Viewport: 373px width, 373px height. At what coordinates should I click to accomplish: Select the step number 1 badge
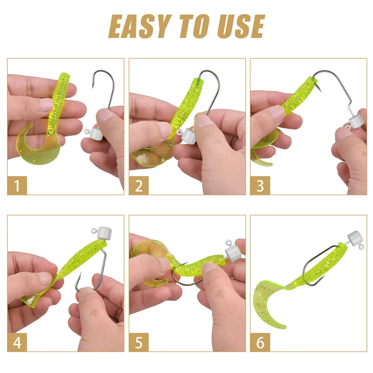(x=17, y=185)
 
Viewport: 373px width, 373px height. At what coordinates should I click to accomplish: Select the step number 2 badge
(x=139, y=185)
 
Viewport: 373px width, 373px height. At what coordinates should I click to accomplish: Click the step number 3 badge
(x=260, y=185)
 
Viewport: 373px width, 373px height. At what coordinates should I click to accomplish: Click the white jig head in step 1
(x=96, y=133)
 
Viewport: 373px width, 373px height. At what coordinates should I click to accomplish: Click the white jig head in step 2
(x=187, y=135)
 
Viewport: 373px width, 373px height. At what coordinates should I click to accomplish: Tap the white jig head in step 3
(x=355, y=122)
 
